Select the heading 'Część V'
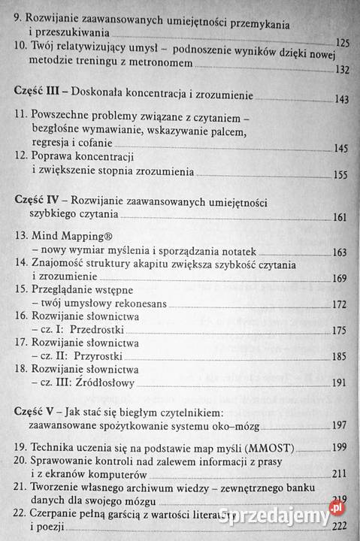(37, 411)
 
